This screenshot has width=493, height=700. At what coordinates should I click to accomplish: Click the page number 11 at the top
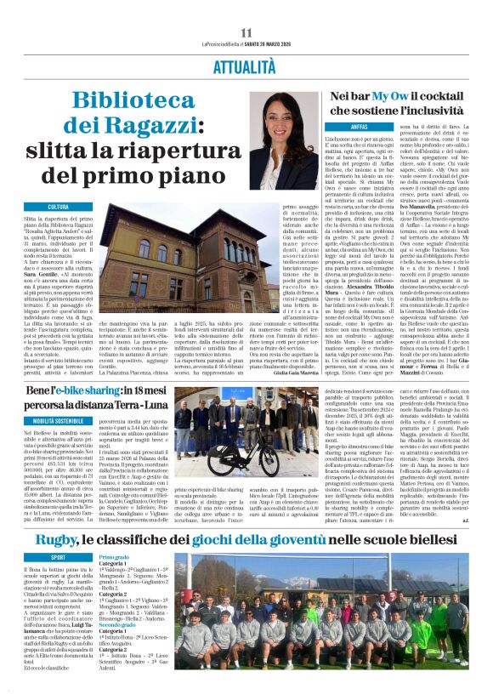tap(246, 32)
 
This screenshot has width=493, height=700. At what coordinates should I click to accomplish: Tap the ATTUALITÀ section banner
tap(246, 65)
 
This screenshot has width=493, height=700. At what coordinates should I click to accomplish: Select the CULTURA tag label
tap(59, 207)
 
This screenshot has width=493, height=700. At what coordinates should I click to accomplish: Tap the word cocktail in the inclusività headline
tap(450, 98)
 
